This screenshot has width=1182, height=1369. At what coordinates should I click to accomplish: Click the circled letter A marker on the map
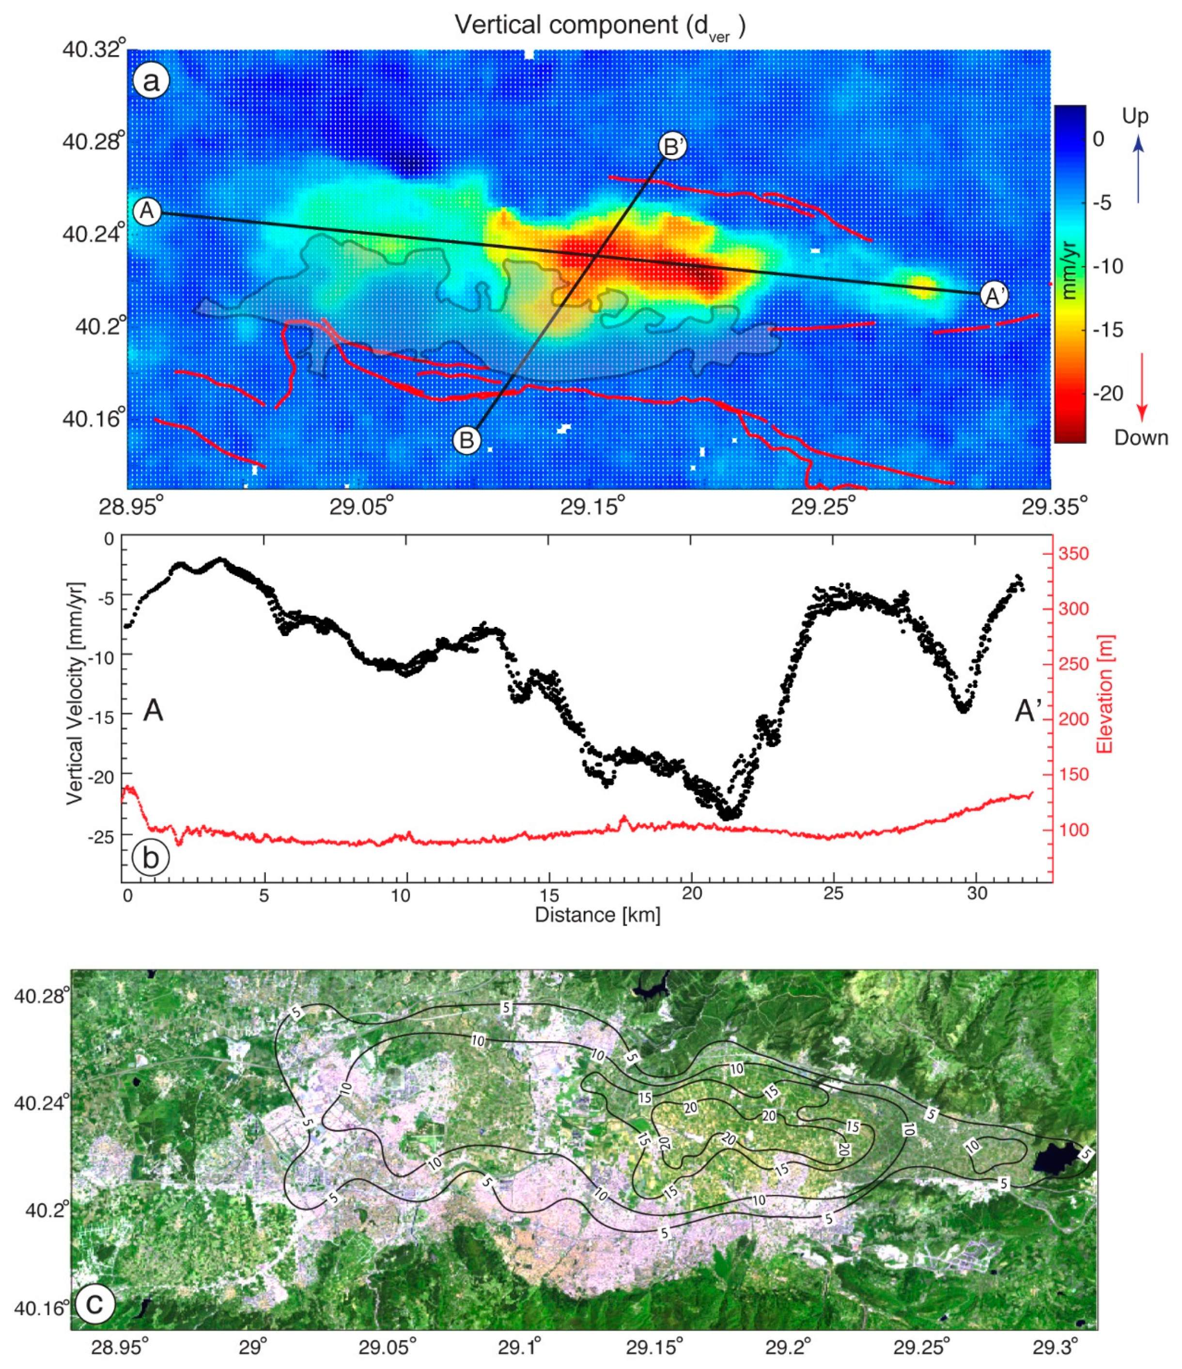147,211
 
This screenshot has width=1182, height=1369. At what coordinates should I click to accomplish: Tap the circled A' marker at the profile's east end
995,295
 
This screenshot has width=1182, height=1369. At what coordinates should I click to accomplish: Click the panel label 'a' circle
151,82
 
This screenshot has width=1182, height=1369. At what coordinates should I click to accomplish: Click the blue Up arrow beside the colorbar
1138,172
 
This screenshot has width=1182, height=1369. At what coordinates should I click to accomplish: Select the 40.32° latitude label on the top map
94,49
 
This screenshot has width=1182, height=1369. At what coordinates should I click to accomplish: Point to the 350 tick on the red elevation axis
1074,554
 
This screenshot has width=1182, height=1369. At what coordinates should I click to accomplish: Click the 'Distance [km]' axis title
598,915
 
